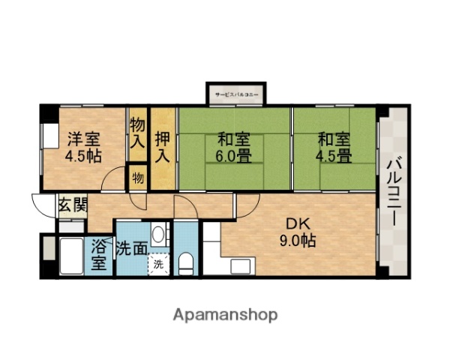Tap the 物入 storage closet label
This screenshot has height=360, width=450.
(137, 133)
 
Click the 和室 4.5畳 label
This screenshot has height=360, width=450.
(334, 147)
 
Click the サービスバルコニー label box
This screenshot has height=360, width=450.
(235, 95)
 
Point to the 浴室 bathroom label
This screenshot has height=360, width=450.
(99, 254)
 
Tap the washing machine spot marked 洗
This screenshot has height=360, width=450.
(158, 264)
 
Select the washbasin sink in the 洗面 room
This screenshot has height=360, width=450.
(159, 234)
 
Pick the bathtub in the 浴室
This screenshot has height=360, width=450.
(72, 257)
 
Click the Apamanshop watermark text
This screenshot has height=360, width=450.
(226, 314)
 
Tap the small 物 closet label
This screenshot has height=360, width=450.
(139, 177)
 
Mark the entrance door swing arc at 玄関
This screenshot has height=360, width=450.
(43, 204)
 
